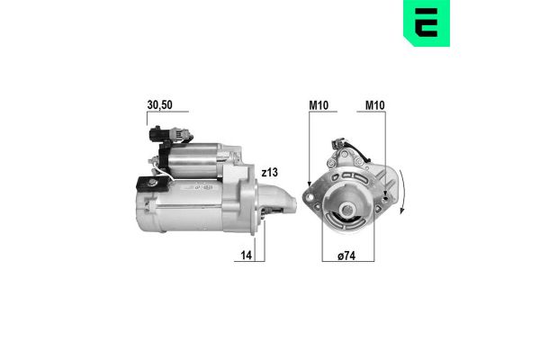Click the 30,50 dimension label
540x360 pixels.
(159, 104)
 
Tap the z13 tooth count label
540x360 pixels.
(269, 172)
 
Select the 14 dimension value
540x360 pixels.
(247, 256)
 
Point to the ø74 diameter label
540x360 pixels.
(346, 256)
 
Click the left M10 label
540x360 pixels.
(319, 105)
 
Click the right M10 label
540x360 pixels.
(374, 105)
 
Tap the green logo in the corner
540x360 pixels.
(427, 22)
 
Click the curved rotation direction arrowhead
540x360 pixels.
(401, 210)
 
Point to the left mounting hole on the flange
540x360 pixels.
(310, 197)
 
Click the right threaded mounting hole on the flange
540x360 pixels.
(386, 198)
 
